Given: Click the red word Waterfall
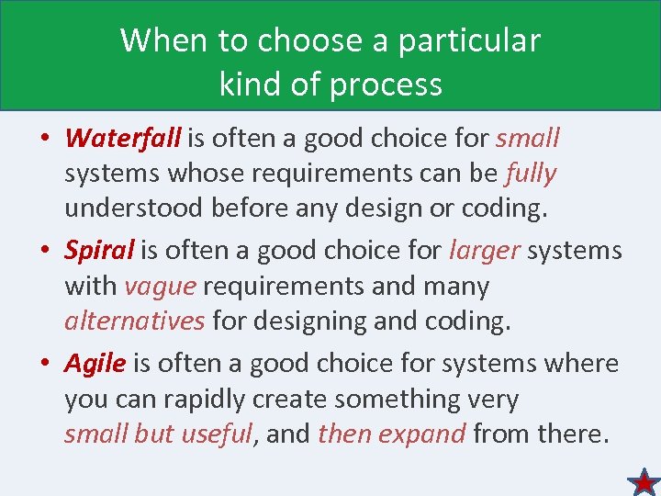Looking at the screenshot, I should pyautogui.click(x=123, y=138).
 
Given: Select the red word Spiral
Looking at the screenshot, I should pyautogui.click(x=99, y=250).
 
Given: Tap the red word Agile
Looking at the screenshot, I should pyautogui.click(x=95, y=363).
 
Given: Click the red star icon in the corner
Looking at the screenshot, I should pyautogui.click(x=644, y=481).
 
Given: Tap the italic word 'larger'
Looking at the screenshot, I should pyautogui.click(x=483, y=250).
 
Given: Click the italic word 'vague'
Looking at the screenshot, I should pyautogui.click(x=160, y=286).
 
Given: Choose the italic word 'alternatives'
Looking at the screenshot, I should pyautogui.click(x=134, y=321).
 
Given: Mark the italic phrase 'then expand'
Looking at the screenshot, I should pyautogui.click(x=392, y=434).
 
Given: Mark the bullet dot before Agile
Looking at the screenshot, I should pyautogui.click(x=45, y=365).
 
